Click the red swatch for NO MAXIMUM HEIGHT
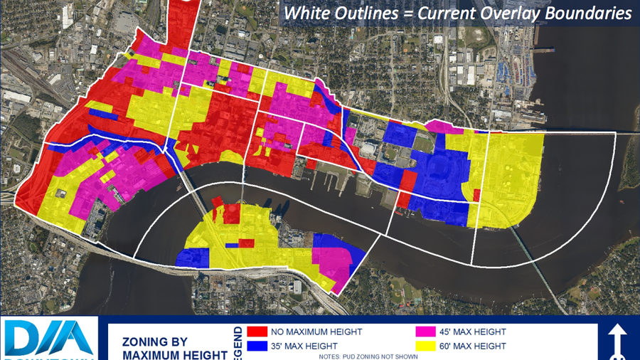[x=257, y=332]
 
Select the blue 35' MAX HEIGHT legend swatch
[x=257, y=346]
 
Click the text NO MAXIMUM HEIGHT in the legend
[x=316, y=332]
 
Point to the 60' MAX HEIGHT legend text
[x=476, y=346]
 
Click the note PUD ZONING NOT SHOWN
[x=369, y=356]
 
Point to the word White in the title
[x=305, y=14]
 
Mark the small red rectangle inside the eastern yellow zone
[x=476, y=195]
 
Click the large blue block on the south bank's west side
[x=193, y=257]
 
